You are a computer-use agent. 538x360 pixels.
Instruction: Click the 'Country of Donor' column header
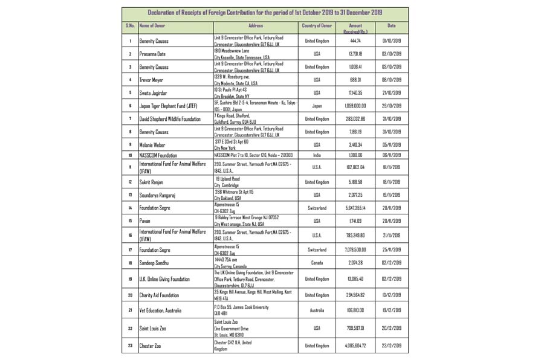tap(317, 26)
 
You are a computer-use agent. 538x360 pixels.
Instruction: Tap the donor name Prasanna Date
tap(152, 54)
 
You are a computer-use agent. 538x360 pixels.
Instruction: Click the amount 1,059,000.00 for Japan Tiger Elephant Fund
tap(355, 106)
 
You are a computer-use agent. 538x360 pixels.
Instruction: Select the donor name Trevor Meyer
tap(152, 80)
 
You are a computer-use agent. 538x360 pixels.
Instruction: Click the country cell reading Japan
tap(317, 106)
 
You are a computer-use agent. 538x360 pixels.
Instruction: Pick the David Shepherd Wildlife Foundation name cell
tap(170, 119)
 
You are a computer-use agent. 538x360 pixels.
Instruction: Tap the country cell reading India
tap(317, 155)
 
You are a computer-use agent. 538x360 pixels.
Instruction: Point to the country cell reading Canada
tap(317, 263)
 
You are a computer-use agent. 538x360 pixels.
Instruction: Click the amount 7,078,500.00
tap(355, 249)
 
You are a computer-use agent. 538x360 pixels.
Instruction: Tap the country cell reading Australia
tap(317, 310)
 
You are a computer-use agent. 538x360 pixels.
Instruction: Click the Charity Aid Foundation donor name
tap(160, 295)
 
